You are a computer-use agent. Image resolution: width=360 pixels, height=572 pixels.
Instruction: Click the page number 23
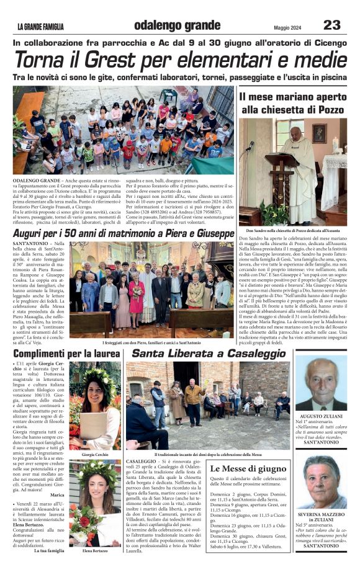click(x=331, y=25)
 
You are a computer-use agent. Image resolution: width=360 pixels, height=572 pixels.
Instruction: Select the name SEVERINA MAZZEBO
click(x=321, y=515)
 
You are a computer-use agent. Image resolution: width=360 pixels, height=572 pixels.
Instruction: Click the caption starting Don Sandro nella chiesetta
click(x=292, y=230)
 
